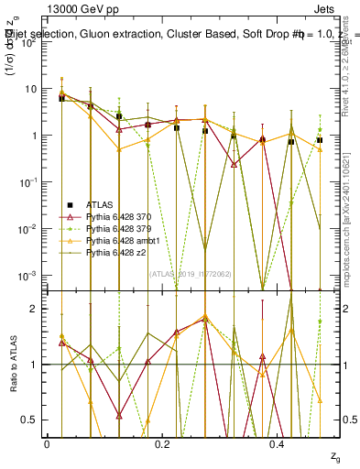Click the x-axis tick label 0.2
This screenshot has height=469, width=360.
[163, 444]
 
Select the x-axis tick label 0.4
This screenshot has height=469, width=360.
[278, 444]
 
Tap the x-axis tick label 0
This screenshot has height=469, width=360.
[47, 444]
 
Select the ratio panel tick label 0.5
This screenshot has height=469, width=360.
[31, 420]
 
